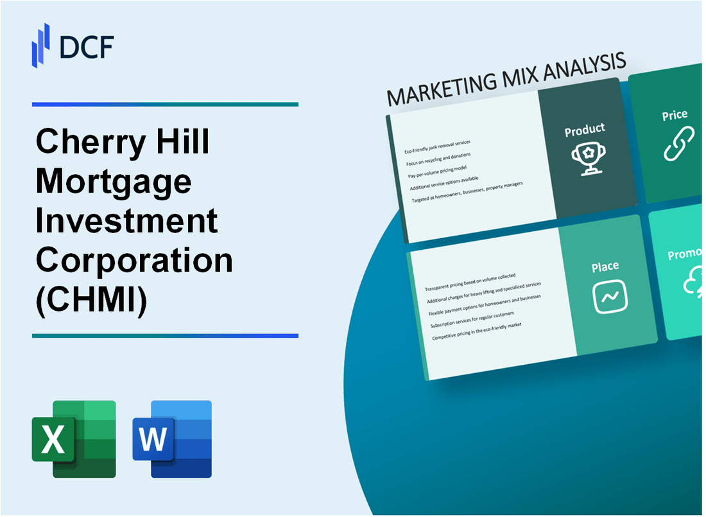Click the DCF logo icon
[x=40, y=44]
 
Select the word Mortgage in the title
[x=114, y=182]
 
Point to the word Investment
[x=127, y=220]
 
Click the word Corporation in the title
[x=134, y=259]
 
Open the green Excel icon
[x=74, y=439]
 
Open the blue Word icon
[x=172, y=439]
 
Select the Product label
[x=584, y=130]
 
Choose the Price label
[x=675, y=116]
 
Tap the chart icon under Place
[x=610, y=297]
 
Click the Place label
[x=605, y=267]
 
